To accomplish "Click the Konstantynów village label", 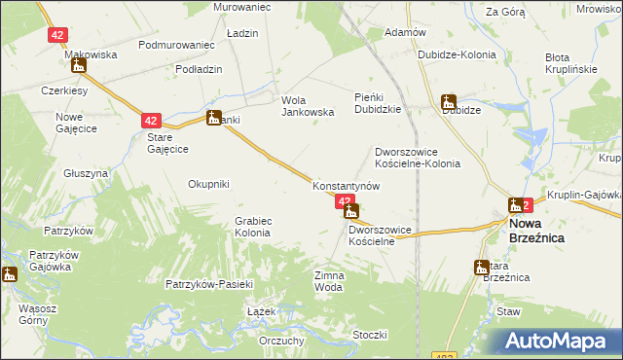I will (339, 185).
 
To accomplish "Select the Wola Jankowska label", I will (308, 105).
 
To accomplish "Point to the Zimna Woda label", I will (329, 281).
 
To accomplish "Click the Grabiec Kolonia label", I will (252, 227).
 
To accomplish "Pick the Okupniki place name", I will (208, 183).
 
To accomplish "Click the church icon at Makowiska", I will (78, 66).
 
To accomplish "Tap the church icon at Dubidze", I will (448, 101).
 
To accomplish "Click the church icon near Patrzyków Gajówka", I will (10, 274).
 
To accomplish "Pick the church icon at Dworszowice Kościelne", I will (351, 211).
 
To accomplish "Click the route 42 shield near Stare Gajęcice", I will (150, 121).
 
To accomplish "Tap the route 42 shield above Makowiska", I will (56, 35).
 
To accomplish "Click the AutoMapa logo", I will (559, 342).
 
